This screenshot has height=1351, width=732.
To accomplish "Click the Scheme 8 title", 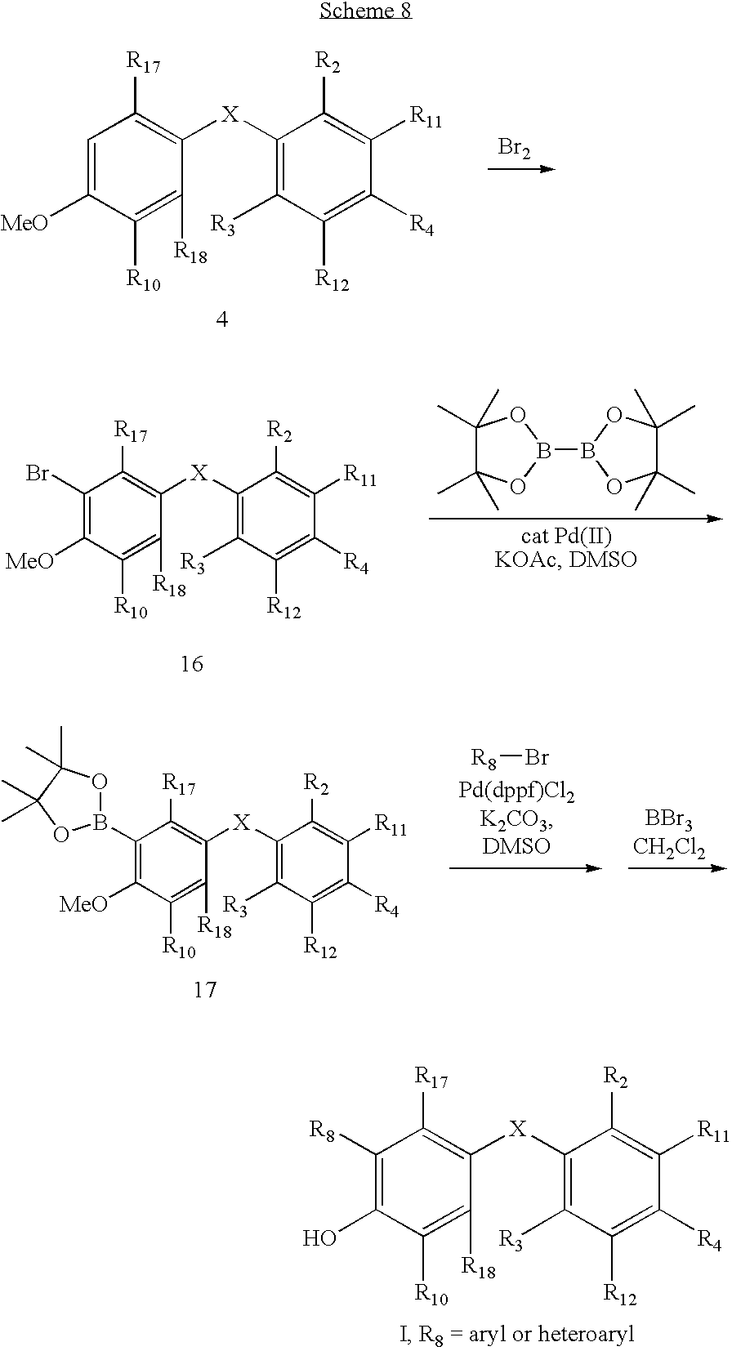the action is [x=366, y=11].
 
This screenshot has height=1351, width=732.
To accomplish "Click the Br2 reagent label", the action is [x=514, y=149].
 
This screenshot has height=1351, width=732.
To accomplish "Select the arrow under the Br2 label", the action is [x=521, y=169].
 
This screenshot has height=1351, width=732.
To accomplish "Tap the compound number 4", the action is [x=222, y=319].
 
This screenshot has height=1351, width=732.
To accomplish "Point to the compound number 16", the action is [x=192, y=664].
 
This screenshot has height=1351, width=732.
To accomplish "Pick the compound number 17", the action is [x=205, y=990].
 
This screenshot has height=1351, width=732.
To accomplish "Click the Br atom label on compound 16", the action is [x=38, y=474].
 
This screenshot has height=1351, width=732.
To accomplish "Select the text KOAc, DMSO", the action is [x=565, y=560].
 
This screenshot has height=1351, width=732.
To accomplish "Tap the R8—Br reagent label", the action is [x=510, y=757].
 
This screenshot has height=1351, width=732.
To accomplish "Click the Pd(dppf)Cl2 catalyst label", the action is [x=516, y=791].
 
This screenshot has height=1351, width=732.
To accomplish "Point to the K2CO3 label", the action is [x=516, y=820].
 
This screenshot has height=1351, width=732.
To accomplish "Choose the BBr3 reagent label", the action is [x=668, y=819].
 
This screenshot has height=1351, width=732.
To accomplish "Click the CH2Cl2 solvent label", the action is [x=668, y=847].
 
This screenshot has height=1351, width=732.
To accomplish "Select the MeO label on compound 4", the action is [x=25, y=223].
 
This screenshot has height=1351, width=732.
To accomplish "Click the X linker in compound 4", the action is [x=230, y=114].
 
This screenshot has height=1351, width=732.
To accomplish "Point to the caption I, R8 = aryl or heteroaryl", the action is [x=516, y=1336].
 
